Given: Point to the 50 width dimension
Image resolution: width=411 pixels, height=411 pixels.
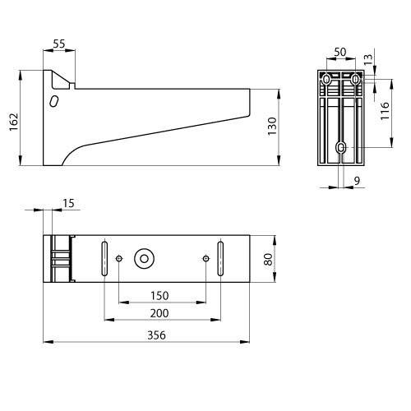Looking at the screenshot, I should click(341, 53).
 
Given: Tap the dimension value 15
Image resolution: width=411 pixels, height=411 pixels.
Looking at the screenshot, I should click(67, 202).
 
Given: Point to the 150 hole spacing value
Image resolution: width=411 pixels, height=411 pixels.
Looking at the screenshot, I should click(161, 295).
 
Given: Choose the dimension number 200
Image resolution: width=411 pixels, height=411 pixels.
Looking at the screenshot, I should click(162, 314).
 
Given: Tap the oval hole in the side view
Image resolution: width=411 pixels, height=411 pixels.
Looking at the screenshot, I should click(54, 101).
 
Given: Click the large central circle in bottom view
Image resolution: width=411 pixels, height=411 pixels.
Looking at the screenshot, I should click(145, 259).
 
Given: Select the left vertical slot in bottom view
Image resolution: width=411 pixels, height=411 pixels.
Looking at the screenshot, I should click(104, 259).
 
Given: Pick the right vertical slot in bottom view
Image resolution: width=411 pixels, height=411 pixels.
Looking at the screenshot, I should click(220, 259).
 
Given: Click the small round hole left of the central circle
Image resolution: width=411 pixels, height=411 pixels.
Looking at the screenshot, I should click(120, 259).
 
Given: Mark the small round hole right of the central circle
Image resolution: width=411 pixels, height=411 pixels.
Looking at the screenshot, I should click(205, 259).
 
